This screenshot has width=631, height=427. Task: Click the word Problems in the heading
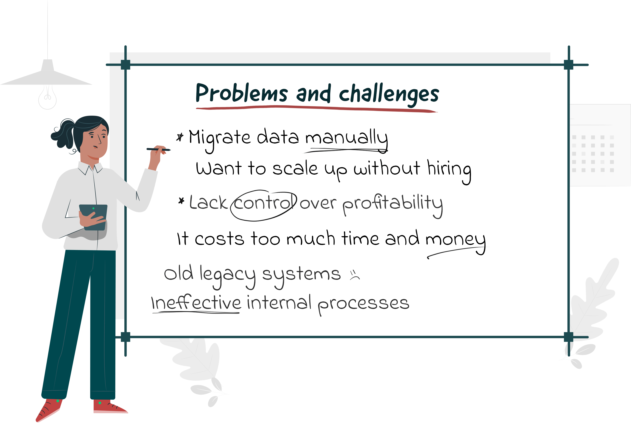click(241, 93)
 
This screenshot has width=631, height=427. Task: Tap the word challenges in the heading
click(389, 94)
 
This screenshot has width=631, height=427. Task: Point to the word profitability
click(393, 205)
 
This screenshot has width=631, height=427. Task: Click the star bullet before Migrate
click(180, 137)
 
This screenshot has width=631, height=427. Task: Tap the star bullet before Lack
click(181, 201)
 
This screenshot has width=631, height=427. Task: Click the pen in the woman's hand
click(159, 149)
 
